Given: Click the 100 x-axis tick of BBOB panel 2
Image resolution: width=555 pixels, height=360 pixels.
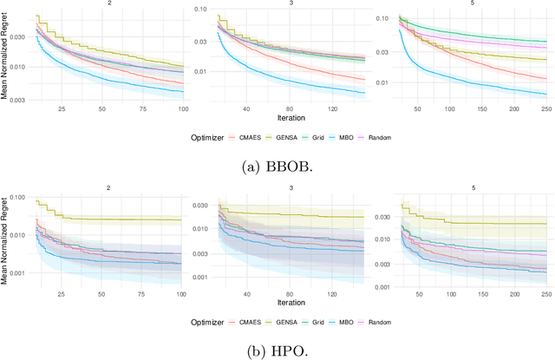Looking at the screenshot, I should pos(182,110).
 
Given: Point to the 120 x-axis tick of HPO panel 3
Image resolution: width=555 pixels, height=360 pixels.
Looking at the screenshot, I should pos(333,295).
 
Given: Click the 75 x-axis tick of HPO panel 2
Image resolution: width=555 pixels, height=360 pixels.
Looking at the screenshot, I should pos(142,295).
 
